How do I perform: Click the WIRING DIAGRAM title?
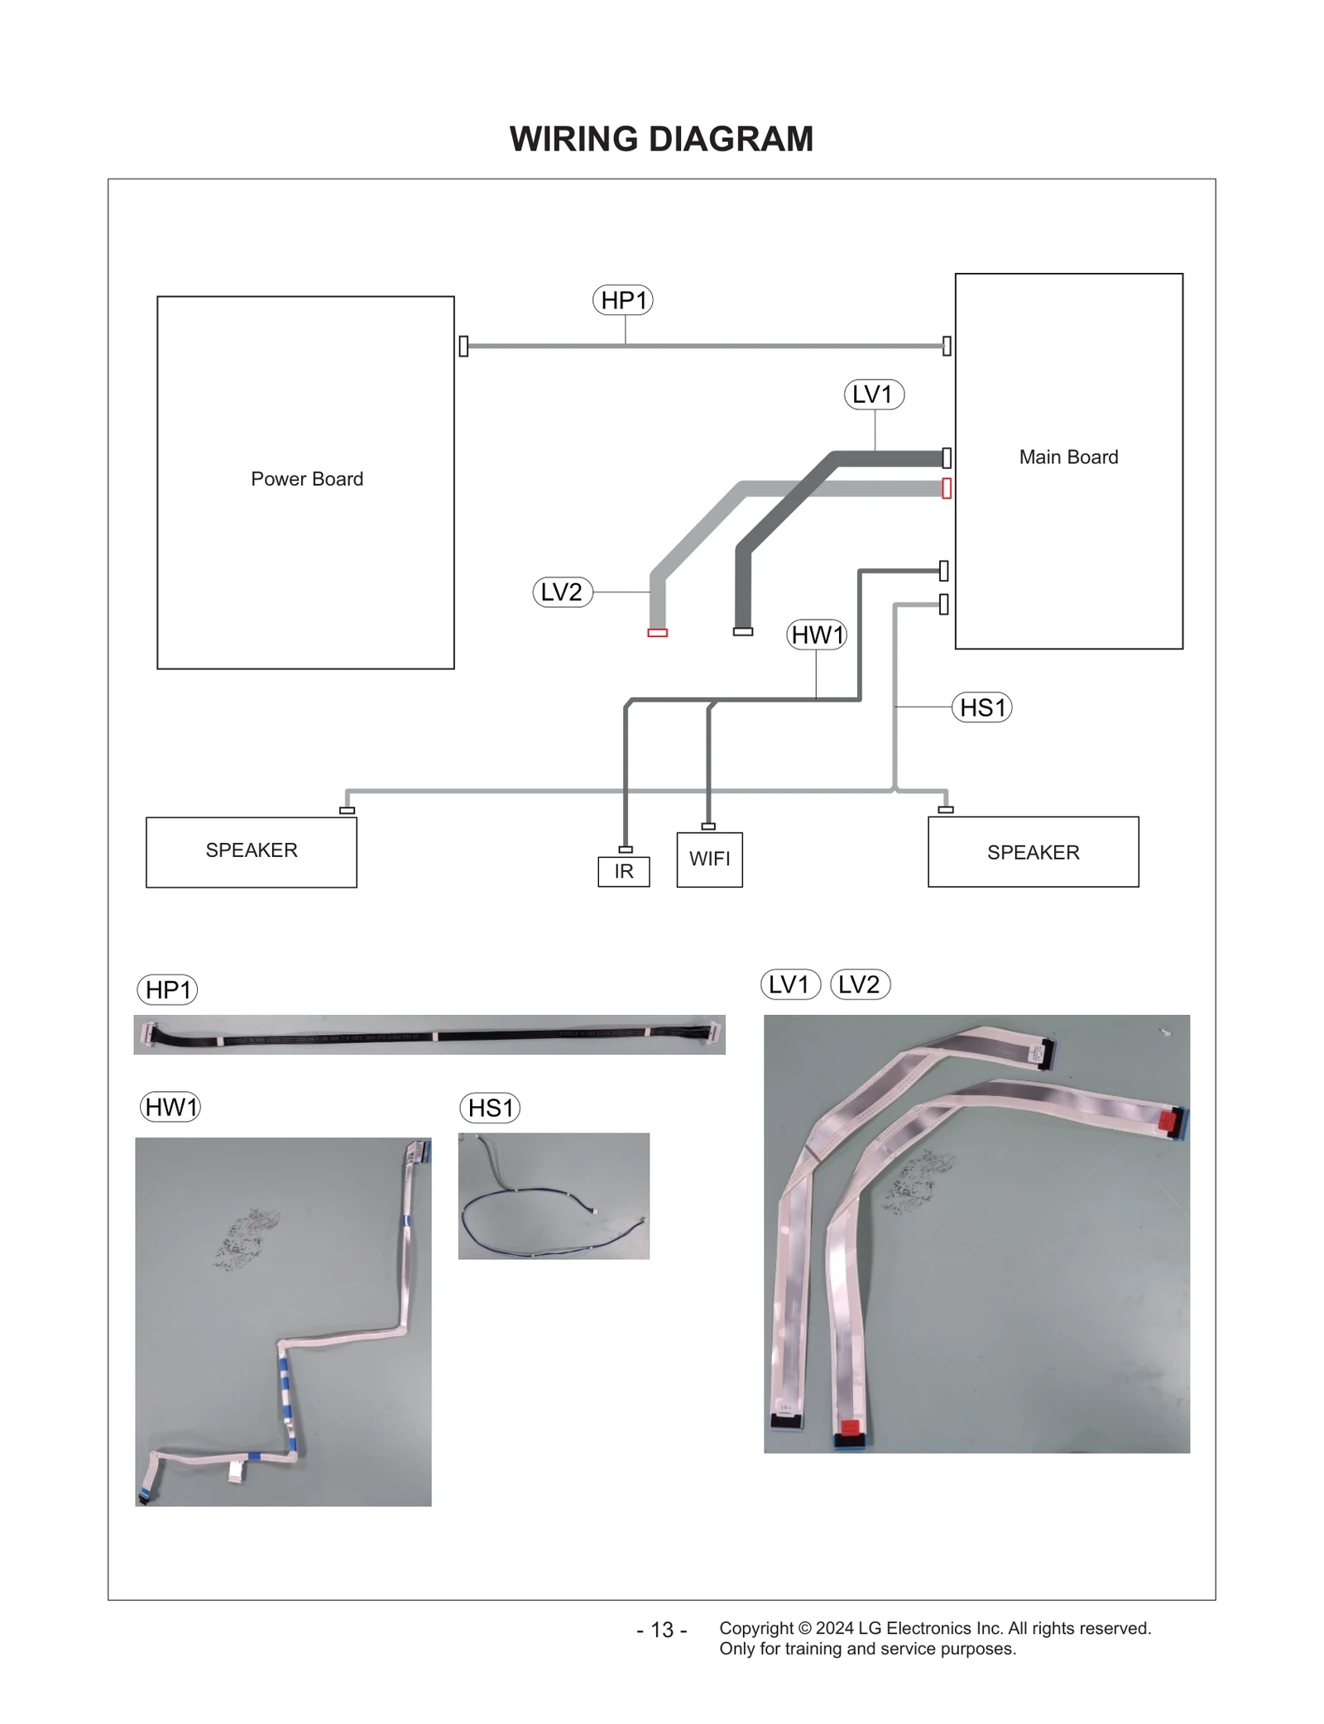click(661, 139)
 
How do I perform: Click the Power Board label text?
click(307, 479)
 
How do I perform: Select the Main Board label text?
click(1068, 457)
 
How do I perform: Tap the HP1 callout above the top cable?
click(623, 299)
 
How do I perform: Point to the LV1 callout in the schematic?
click(874, 394)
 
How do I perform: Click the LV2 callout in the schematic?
click(563, 592)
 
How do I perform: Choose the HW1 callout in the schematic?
click(817, 635)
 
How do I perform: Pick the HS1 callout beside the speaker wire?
click(982, 707)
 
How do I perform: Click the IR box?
click(624, 871)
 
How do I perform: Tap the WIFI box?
click(709, 860)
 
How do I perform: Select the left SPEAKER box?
click(252, 851)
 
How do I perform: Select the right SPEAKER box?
click(1033, 852)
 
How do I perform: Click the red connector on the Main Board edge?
click(947, 488)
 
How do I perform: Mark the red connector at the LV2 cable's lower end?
click(657, 633)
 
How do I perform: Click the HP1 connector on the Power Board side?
click(463, 346)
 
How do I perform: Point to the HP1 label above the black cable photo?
click(167, 989)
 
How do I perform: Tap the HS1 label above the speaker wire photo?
click(490, 1108)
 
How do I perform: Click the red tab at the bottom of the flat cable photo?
click(849, 1425)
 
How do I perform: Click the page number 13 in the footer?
click(662, 1630)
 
